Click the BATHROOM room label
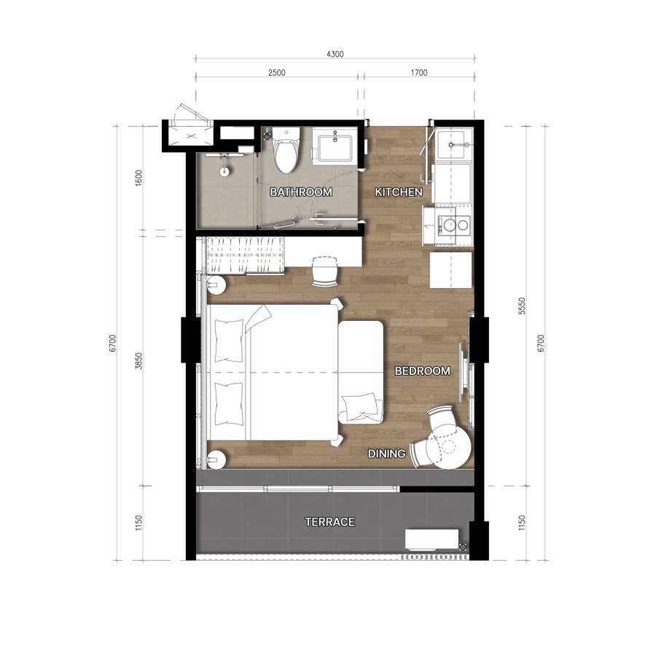301,192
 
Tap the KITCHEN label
398,192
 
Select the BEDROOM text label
423,370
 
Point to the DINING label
386,454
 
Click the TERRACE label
329,522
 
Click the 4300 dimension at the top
335,54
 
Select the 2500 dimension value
276,73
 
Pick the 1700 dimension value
419,73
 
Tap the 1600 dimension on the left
139,178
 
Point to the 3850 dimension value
139,361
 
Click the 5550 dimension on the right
521,306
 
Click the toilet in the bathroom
286,151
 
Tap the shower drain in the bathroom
224,171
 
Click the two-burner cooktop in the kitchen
453,225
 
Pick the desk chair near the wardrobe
324,271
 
